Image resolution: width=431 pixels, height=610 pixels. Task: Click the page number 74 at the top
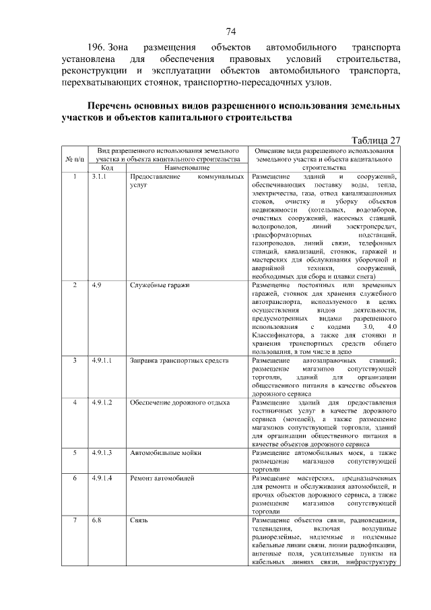coord(230,31)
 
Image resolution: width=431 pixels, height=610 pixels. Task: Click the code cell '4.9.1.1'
coord(102,361)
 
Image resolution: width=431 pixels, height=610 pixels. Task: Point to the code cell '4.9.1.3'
coord(102,453)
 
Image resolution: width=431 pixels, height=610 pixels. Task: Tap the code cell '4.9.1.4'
coord(102,478)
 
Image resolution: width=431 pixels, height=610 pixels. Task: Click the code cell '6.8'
coord(97,520)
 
